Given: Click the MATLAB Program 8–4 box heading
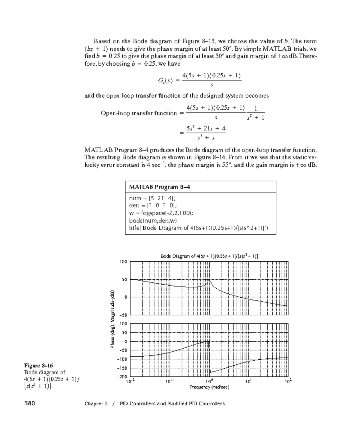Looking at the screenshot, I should point(159,187).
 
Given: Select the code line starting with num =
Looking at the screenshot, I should point(152,198).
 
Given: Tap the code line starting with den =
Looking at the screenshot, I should point(153,206).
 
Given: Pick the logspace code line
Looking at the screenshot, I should point(161,213).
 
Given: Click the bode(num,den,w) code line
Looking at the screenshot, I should point(153,221).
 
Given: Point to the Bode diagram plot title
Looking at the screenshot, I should point(209,256).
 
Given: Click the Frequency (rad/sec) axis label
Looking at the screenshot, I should point(209,387).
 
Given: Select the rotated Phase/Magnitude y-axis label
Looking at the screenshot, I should point(112,319).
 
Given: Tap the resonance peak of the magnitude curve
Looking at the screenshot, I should point(209,280).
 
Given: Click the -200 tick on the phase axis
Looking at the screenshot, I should point(123,376).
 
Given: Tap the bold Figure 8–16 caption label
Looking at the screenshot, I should point(38,365).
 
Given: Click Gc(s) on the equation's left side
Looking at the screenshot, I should point(165,80).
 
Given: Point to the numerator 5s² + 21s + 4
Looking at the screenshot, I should point(206,129).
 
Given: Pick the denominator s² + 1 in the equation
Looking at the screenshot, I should point(255,118).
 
